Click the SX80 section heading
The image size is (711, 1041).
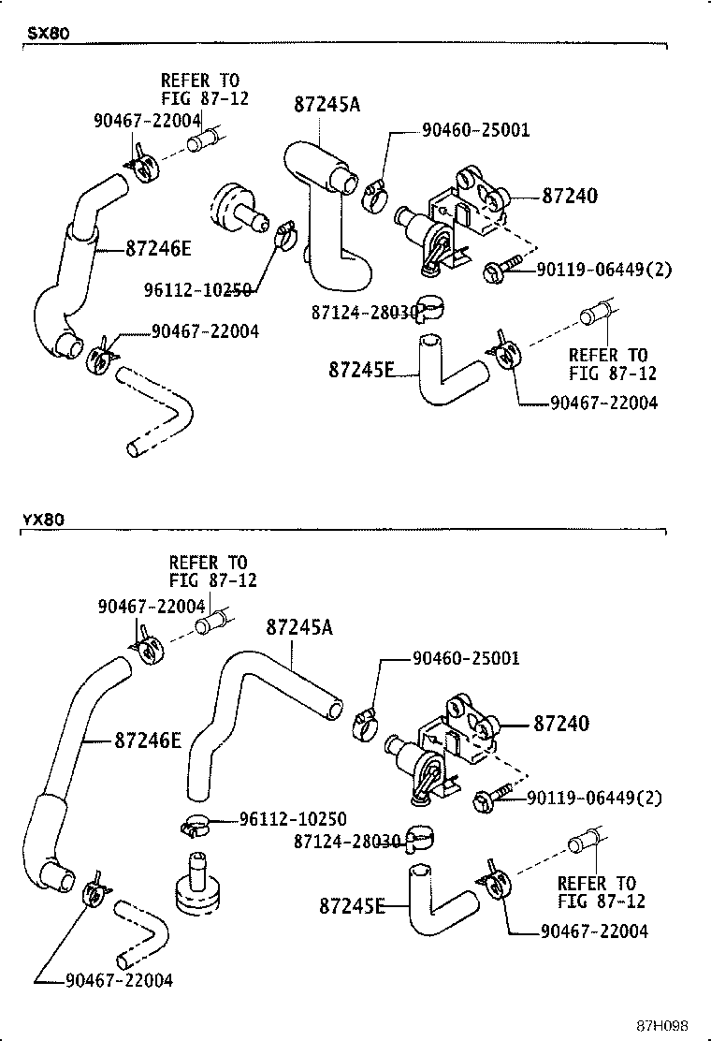(46, 33)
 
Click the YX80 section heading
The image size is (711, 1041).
(46, 520)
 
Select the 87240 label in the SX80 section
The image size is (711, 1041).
(570, 197)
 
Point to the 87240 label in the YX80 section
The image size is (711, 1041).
(561, 724)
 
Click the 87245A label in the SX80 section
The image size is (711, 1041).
(326, 105)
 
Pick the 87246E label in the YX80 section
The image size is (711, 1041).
(148, 740)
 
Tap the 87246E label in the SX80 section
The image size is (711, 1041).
(158, 248)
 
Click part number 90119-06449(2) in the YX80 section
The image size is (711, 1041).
(594, 798)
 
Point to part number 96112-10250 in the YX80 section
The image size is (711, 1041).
(293, 818)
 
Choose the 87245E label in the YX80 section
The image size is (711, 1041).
(352, 905)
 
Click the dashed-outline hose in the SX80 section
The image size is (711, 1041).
(159, 412)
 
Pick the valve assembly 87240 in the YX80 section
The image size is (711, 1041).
(444, 749)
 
